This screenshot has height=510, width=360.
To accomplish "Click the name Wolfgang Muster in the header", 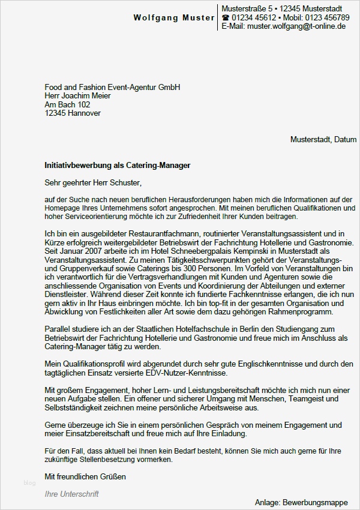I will (x=173, y=18).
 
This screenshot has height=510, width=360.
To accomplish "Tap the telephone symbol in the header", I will (x=226, y=18).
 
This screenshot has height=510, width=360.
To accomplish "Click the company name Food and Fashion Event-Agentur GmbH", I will (x=112, y=87).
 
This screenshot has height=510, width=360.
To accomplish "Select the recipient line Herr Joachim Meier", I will (x=78, y=95).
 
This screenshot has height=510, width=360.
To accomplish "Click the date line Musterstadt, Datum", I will (x=323, y=139).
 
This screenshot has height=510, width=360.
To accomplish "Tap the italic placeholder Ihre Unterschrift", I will (x=71, y=494).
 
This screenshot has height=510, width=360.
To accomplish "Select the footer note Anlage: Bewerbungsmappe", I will (x=305, y=502).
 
